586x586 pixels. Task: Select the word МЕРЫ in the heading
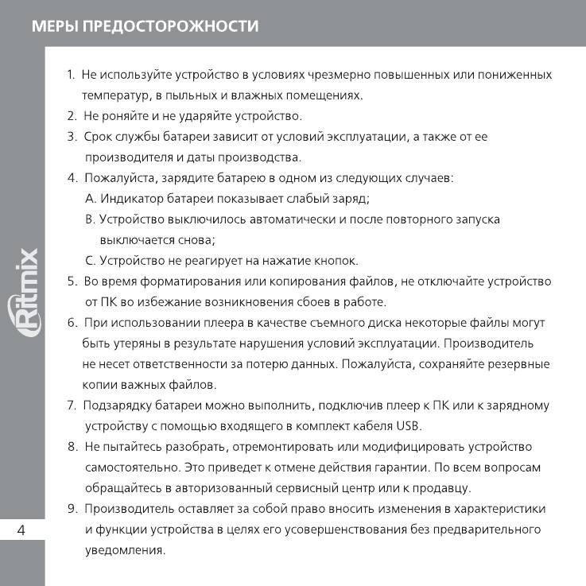click(x=55, y=26)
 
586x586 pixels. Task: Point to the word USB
click(x=408, y=425)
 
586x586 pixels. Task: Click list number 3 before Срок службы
click(x=72, y=137)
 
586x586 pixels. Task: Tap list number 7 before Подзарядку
click(x=72, y=406)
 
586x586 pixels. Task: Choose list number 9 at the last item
click(x=72, y=509)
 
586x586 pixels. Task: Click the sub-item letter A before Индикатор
click(x=90, y=198)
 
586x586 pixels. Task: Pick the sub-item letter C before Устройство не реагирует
click(x=90, y=260)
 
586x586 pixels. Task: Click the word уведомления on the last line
click(x=125, y=550)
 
